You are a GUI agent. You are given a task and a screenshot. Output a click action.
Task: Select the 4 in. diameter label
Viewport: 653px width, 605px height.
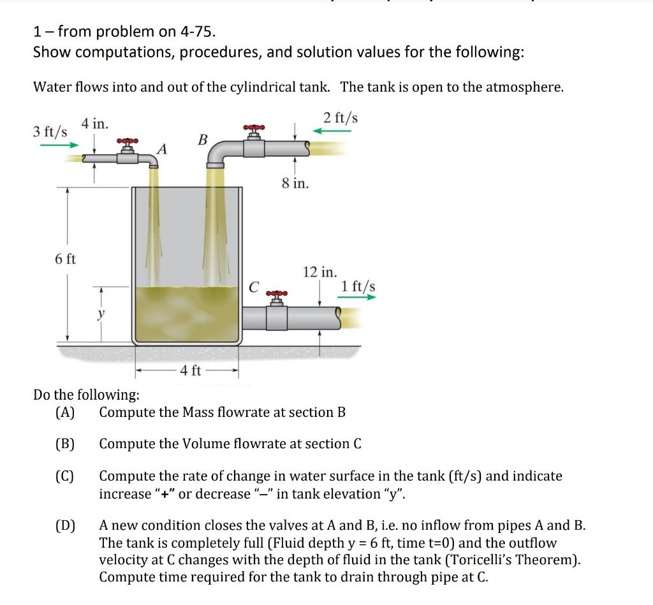(x=94, y=124)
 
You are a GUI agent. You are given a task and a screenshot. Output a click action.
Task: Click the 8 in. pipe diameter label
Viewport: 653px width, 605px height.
(x=295, y=184)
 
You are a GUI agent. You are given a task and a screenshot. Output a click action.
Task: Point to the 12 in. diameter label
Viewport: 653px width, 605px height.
(x=319, y=272)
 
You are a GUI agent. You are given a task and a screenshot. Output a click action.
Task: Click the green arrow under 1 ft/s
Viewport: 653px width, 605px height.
(x=358, y=297)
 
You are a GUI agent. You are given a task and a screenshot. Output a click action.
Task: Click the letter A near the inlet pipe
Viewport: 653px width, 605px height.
(x=163, y=149)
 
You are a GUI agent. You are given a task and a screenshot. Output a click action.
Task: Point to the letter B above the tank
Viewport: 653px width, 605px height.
(x=203, y=139)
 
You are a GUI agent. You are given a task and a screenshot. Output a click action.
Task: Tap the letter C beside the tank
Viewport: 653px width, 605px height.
(x=253, y=288)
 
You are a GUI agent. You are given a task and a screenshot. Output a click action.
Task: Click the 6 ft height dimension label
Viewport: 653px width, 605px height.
(x=65, y=259)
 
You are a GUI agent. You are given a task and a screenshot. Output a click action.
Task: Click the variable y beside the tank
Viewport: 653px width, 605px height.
(x=101, y=314)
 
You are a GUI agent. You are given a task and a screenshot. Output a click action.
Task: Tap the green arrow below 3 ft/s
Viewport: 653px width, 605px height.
(x=59, y=145)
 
